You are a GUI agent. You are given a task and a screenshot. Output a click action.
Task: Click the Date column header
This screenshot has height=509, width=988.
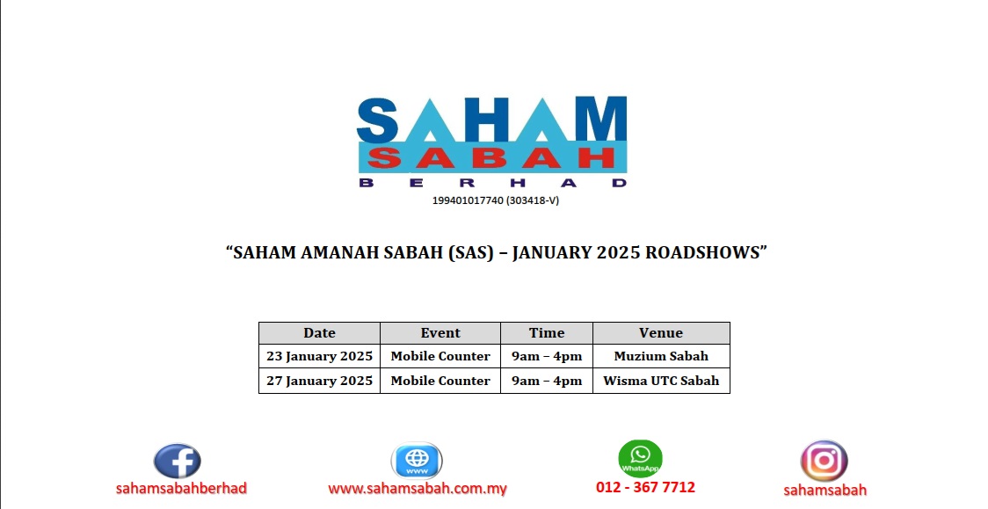[x=319, y=333]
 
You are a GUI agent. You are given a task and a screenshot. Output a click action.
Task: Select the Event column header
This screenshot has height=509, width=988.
[x=440, y=333]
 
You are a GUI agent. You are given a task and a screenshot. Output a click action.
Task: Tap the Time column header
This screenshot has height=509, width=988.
[x=547, y=333]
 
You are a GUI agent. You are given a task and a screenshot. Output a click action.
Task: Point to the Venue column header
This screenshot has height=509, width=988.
[x=661, y=333]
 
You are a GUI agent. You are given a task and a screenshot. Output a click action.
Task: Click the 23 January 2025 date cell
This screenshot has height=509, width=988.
[x=319, y=357]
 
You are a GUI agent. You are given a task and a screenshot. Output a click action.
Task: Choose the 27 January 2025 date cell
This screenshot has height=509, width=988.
[x=319, y=381]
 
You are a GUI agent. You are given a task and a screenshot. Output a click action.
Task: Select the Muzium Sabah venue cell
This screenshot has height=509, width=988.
[x=661, y=357]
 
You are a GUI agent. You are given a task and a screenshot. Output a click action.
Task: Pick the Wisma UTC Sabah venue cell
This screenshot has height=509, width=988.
[x=661, y=381]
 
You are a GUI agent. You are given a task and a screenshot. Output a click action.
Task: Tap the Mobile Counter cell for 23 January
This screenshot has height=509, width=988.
[x=440, y=357]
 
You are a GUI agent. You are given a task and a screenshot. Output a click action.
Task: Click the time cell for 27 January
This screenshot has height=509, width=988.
[x=547, y=381]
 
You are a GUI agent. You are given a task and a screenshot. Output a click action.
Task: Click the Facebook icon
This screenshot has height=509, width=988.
[x=178, y=461]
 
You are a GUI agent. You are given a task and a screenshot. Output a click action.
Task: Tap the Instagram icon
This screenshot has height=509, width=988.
[x=824, y=461]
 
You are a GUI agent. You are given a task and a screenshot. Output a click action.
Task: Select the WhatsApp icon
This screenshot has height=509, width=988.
[x=640, y=458]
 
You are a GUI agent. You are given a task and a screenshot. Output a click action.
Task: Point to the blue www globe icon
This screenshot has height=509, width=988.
[x=417, y=461]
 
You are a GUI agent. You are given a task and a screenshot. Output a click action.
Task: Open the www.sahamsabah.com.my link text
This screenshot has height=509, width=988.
[x=418, y=489]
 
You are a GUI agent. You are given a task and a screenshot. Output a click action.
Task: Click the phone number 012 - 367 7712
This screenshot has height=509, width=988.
[x=645, y=487]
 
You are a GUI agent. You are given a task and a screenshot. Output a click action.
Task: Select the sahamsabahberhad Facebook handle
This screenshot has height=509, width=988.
[x=181, y=488]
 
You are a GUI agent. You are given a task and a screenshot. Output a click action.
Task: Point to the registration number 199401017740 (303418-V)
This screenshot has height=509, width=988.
[x=495, y=200]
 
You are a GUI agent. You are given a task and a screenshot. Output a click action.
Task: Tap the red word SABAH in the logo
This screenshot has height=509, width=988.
[x=492, y=158]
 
